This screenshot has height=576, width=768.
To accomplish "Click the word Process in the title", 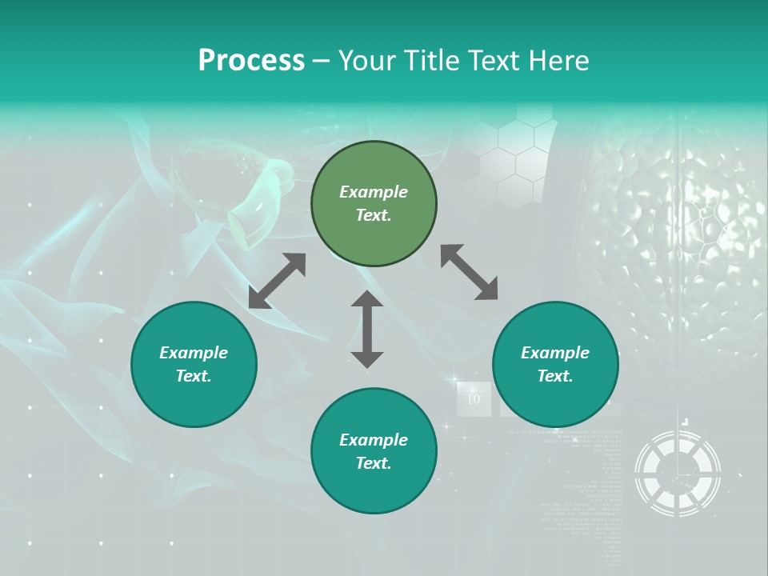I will pyautogui.click(x=251, y=61).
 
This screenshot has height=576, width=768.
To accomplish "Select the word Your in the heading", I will pyautogui.click(x=367, y=61).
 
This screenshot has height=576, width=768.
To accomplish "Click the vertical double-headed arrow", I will pyautogui.click(x=367, y=330).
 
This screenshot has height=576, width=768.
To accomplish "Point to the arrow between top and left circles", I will pyautogui.click(x=277, y=281).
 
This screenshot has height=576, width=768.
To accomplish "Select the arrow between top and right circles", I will pyautogui.click(x=469, y=272).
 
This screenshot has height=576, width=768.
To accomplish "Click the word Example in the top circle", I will pyautogui.click(x=374, y=192).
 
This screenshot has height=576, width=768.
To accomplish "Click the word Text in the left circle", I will pyautogui.click(x=194, y=376).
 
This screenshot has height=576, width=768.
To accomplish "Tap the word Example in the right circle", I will pyautogui.click(x=555, y=353).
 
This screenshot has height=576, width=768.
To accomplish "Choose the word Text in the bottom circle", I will pyautogui.click(x=374, y=463).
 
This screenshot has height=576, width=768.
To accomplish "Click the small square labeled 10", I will pyautogui.click(x=474, y=398).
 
